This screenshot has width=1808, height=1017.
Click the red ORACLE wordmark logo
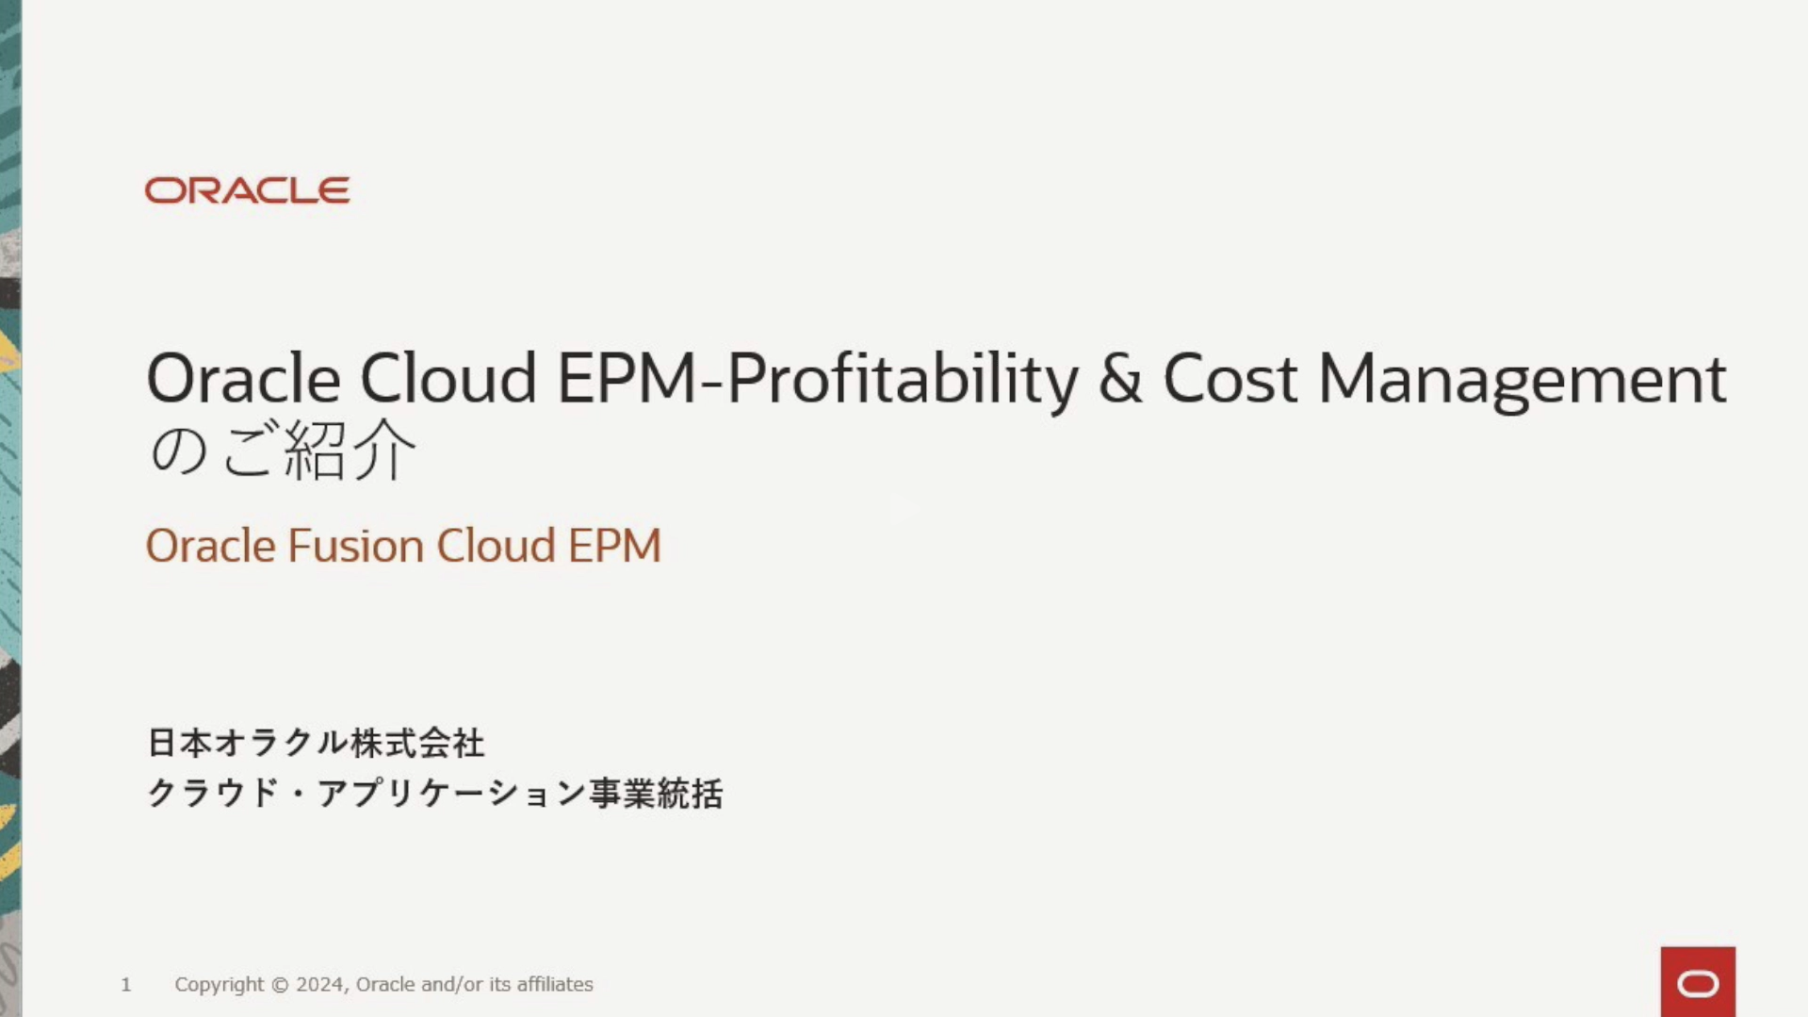[247, 190]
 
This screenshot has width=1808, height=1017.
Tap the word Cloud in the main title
[448, 379]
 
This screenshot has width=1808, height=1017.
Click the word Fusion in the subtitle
[356, 546]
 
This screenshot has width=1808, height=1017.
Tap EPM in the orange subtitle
[614, 546]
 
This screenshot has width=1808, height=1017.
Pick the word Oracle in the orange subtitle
[211, 546]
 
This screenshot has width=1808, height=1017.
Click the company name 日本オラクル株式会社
[316, 744]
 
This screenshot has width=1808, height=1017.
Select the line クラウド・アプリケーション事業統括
[435, 794]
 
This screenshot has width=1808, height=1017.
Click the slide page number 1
[126, 985]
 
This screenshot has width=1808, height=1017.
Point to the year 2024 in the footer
[322, 984]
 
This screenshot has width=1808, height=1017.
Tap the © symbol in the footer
[280, 985]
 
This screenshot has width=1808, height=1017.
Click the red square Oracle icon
[1698, 982]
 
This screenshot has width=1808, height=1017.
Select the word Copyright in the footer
[220, 985]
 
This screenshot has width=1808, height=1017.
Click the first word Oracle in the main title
[243, 379]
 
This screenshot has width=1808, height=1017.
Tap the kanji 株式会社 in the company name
[417, 744]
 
